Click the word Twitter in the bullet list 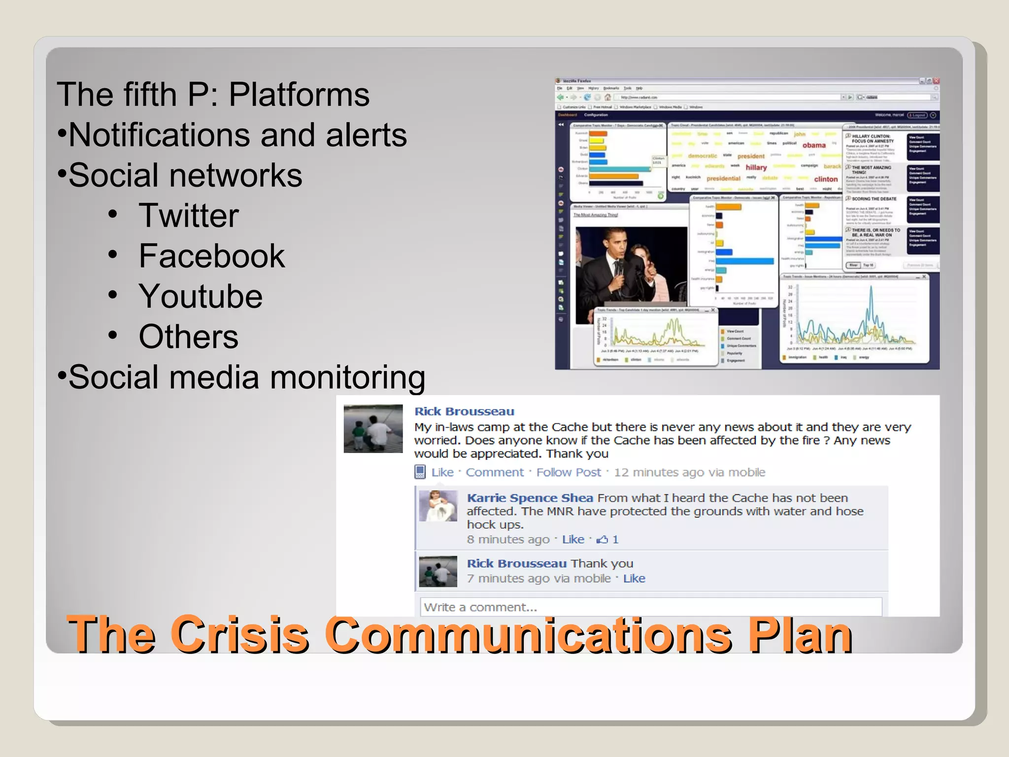tap(189, 216)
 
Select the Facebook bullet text tap(212, 256)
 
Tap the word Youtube tap(201, 297)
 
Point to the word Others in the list tap(189, 337)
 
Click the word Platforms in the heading tap(299, 95)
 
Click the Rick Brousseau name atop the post tap(464, 412)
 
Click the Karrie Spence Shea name tap(530, 498)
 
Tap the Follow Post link tap(569, 473)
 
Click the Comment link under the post tap(495, 473)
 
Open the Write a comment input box tap(650, 607)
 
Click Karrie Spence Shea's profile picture tap(438, 506)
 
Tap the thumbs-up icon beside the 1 tap(602, 540)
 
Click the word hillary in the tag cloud tap(756, 168)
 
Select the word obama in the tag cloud tap(814, 145)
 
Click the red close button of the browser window tap(936, 81)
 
